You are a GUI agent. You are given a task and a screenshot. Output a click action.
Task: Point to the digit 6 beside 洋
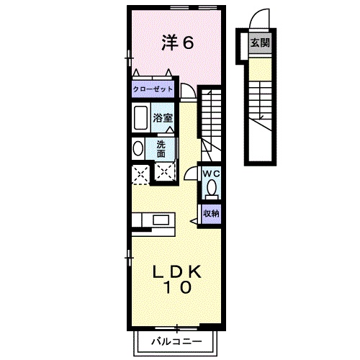pos(188,43)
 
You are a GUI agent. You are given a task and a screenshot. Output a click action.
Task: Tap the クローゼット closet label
pos(152,90)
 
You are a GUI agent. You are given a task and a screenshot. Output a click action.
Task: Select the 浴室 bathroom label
pos(161,117)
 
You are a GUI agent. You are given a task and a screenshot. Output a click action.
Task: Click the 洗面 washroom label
pos(161,148)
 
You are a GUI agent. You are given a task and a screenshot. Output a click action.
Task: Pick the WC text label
pos(210,174)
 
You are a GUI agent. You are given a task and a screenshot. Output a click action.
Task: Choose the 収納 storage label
pos(210,213)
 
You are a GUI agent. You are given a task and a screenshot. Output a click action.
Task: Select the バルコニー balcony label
pos(172,339)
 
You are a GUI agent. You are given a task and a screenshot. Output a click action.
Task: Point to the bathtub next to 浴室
pos(141,118)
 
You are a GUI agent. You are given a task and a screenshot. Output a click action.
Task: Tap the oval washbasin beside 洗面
pos(138,148)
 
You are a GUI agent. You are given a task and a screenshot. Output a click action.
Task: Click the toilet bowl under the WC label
pos(211,189)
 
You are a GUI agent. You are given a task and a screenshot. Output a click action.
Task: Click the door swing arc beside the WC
pos(191,174)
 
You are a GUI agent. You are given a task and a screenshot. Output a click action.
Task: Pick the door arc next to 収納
pos(195,214)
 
